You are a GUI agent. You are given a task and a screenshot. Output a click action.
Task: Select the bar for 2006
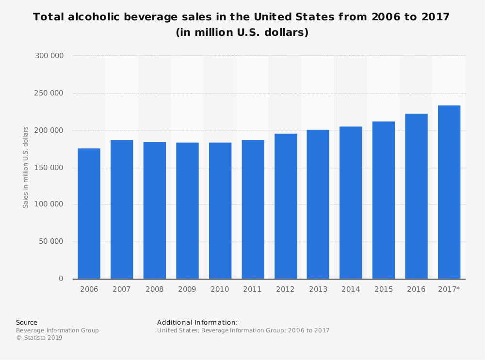click(x=89, y=214)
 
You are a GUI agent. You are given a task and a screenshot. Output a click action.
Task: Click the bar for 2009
click(x=187, y=211)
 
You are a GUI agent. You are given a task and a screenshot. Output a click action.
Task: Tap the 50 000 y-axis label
click(x=51, y=242)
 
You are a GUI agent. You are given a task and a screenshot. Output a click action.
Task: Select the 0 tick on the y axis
click(x=61, y=279)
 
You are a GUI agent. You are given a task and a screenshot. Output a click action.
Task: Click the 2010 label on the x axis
click(x=220, y=289)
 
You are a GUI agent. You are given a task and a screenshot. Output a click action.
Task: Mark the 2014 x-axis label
click(x=351, y=289)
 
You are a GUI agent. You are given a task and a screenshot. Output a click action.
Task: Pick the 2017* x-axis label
click(x=449, y=289)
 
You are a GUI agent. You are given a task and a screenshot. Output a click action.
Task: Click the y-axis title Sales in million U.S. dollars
click(x=26, y=167)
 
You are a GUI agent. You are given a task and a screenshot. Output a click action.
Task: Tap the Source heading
click(x=27, y=322)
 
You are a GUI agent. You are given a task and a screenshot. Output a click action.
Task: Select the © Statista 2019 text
click(x=39, y=338)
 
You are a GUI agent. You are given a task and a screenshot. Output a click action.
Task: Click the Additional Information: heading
click(x=197, y=322)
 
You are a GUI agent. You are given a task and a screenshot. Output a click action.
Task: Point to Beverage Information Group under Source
click(x=57, y=330)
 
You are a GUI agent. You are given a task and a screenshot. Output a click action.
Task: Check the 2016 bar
click(x=416, y=196)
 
